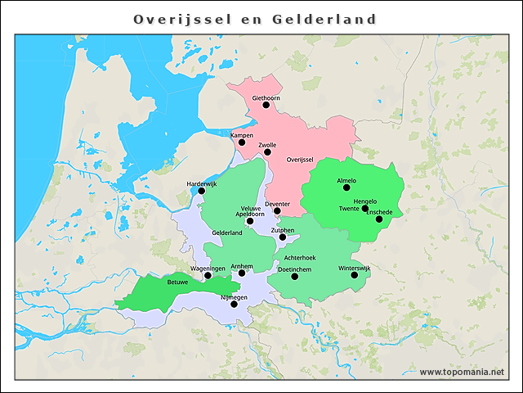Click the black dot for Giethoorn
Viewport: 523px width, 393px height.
click(x=266, y=105)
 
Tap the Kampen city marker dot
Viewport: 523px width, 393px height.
click(x=241, y=142)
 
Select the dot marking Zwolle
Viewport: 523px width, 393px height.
click(x=267, y=151)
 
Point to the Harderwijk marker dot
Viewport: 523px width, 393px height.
click(x=202, y=191)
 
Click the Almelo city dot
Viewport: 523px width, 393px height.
click(x=346, y=187)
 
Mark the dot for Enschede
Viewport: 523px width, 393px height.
click(x=378, y=219)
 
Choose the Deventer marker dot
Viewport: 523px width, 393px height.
click(x=277, y=210)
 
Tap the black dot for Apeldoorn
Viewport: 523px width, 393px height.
click(x=250, y=221)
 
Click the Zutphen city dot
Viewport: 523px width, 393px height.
click(x=283, y=237)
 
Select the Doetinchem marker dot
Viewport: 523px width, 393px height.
click(x=295, y=276)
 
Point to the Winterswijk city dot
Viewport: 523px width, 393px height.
click(x=355, y=275)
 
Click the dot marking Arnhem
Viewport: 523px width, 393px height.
click(x=241, y=273)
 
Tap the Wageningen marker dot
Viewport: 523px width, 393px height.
click(x=208, y=276)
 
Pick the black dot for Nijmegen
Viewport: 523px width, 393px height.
click(x=234, y=304)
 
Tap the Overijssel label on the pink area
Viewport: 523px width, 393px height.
click(x=300, y=160)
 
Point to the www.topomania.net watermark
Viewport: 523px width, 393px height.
click(x=462, y=372)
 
